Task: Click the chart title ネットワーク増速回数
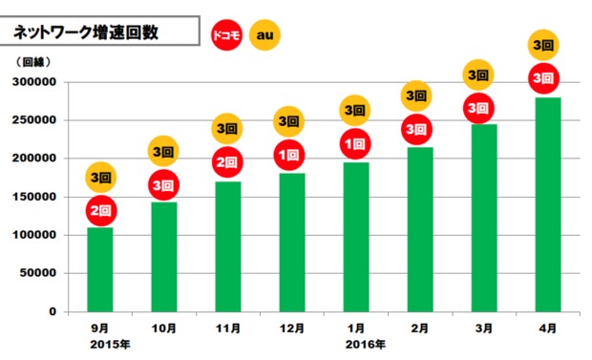click(x=85, y=32)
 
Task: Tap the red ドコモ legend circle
click(x=227, y=34)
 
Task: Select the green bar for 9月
click(x=100, y=269)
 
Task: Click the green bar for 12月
click(x=291, y=243)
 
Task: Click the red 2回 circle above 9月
click(x=100, y=209)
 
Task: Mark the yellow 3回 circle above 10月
click(x=163, y=151)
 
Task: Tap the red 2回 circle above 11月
click(x=226, y=163)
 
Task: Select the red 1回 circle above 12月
click(x=289, y=155)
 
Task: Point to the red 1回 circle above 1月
click(x=352, y=144)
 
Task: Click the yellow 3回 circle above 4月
click(x=543, y=45)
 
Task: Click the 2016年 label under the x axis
click(x=367, y=344)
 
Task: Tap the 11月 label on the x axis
click(x=227, y=328)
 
